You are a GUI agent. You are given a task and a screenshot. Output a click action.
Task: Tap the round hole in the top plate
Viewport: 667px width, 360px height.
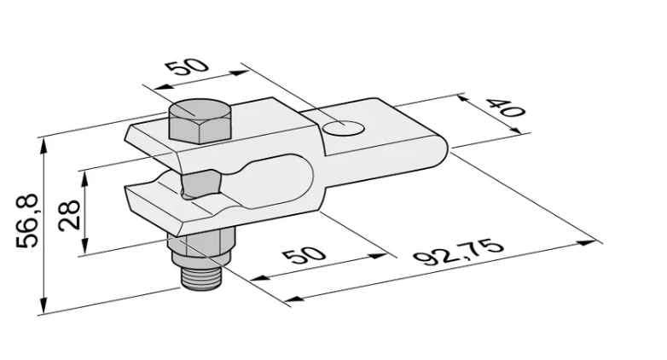[x=344, y=127]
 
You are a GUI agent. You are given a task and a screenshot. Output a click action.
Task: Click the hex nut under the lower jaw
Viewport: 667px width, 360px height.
[x=201, y=249]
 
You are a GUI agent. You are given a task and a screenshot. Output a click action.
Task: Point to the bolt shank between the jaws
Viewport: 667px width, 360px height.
[x=200, y=183]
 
